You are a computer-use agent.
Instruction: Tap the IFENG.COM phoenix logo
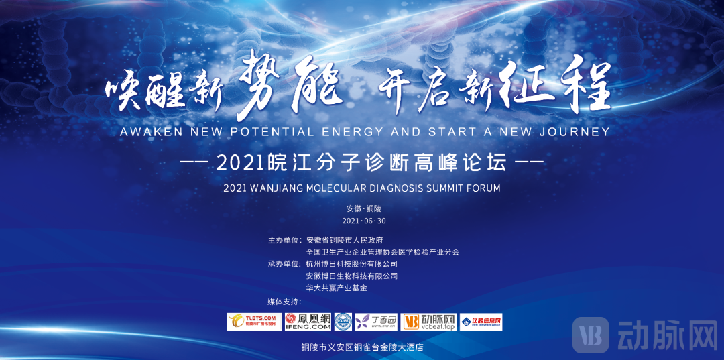[x=308, y=322]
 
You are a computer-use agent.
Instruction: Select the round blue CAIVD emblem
[x=343, y=322]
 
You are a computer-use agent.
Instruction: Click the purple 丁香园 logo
[x=376, y=322]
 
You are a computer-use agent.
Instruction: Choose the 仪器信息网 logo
[x=481, y=322]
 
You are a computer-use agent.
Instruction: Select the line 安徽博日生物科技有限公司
[x=351, y=276]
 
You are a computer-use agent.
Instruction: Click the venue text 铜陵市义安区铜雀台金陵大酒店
[x=363, y=347]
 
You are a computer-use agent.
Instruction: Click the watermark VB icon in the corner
[x=591, y=335]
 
